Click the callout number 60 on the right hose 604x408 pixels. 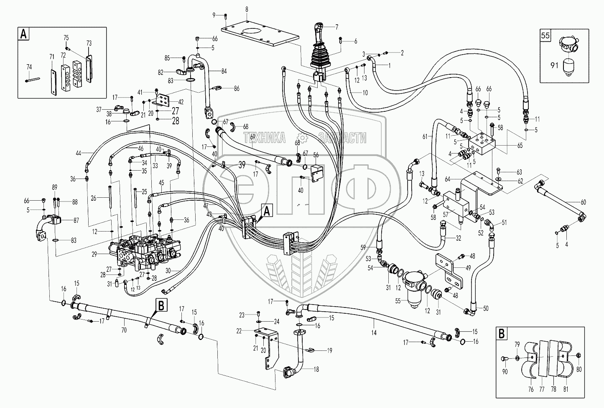pos(584,202)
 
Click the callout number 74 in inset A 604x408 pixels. pos(29,67)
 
